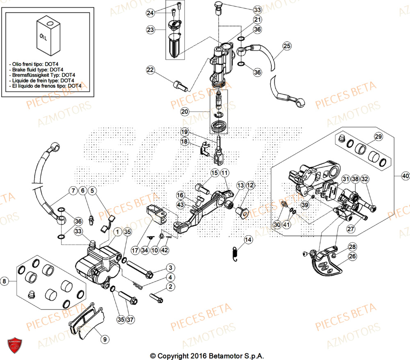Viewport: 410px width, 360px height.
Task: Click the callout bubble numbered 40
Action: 405,176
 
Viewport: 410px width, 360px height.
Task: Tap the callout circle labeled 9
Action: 105,339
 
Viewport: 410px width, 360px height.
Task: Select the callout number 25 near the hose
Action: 286,46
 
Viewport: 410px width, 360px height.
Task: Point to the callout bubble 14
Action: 248,239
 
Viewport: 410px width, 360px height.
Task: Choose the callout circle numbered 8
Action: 5,281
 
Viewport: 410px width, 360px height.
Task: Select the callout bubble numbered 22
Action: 150,71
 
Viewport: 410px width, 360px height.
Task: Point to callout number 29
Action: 378,137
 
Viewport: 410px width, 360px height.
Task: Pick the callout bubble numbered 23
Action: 151,30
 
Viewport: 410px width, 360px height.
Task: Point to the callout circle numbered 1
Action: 118,232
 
